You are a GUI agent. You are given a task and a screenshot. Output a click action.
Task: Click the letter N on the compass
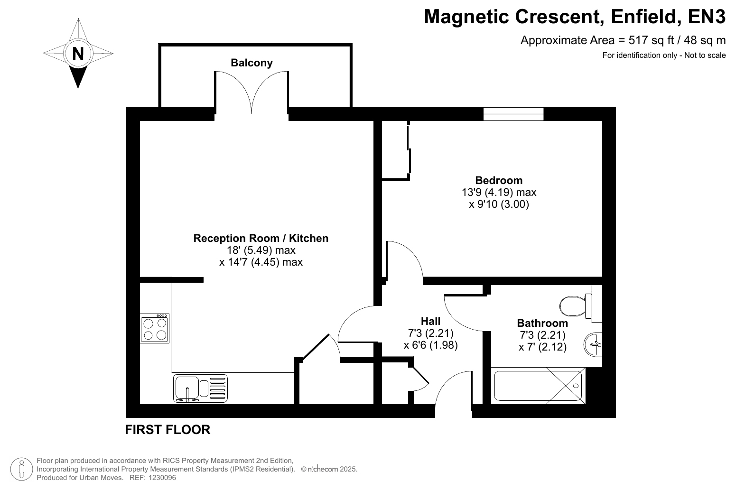pyautogui.click(x=78, y=54)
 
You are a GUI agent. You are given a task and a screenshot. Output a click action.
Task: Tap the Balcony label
pyautogui.click(x=252, y=63)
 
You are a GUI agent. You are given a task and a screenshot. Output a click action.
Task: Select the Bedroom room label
pyautogui.click(x=499, y=180)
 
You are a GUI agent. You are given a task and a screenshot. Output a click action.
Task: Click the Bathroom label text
pyautogui.click(x=542, y=323)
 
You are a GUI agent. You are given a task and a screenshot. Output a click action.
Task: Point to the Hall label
pyautogui.click(x=430, y=321)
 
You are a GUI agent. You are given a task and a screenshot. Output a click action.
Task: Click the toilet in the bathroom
pyautogui.click(x=576, y=306)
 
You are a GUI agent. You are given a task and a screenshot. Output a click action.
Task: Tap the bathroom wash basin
pyautogui.click(x=593, y=344)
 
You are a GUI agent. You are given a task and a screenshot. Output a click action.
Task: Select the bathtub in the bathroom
pyautogui.click(x=538, y=386)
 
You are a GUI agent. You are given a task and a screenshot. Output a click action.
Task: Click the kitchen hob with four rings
pyautogui.click(x=154, y=328)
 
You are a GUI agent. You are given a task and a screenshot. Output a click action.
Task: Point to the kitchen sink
pyautogui.click(x=200, y=388)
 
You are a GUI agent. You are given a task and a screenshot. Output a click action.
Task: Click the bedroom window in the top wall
pyautogui.click(x=513, y=114)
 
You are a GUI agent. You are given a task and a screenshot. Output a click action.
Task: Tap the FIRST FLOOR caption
pyautogui.click(x=168, y=430)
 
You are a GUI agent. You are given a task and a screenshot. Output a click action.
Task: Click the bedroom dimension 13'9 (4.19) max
pyautogui.click(x=499, y=192)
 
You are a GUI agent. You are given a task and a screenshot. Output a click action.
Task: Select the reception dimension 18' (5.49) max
pyautogui.click(x=261, y=250)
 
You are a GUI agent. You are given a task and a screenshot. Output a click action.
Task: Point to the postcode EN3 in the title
pyautogui.click(x=707, y=17)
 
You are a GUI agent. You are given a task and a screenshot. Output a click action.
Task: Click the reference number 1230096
pyautogui.click(x=162, y=478)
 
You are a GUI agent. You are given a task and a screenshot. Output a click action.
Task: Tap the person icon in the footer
pyautogui.click(x=22, y=469)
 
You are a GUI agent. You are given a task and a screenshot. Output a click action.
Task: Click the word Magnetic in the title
pyautogui.click(x=467, y=17)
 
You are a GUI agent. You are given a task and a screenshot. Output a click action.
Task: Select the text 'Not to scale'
pyautogui.click(x=705, y=55)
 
